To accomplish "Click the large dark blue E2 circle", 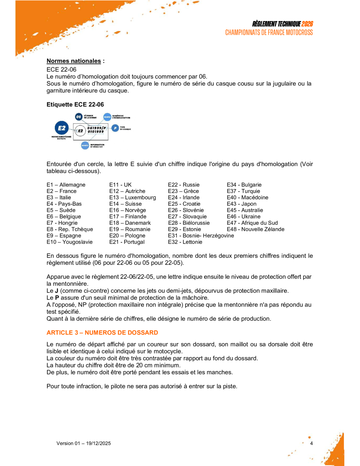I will point(62,128).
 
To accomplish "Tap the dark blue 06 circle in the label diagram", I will point(79,116).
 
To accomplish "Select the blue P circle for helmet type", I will point(115,128).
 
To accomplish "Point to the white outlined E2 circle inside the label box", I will point(80,131).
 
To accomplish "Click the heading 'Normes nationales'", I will point(74,61).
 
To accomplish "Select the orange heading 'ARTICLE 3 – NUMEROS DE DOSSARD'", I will point(102,333).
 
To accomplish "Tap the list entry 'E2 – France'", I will point(61,191).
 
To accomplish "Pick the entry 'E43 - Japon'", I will point(241,204).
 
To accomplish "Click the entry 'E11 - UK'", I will point(120,185).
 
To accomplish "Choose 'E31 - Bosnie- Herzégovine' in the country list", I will point(201,236).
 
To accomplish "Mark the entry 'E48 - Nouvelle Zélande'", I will point(255,229).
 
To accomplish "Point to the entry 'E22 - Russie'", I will point(183,185).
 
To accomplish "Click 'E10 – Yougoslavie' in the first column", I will point(69,242).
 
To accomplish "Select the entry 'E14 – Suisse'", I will point(125,204).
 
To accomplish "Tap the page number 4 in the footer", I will point(311,443).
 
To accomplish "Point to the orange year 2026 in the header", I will point(307,24).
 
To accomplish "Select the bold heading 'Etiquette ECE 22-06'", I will point(75,105).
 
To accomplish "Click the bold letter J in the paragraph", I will point(57,291).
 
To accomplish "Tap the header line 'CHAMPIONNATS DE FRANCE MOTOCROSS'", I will point(269,33).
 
